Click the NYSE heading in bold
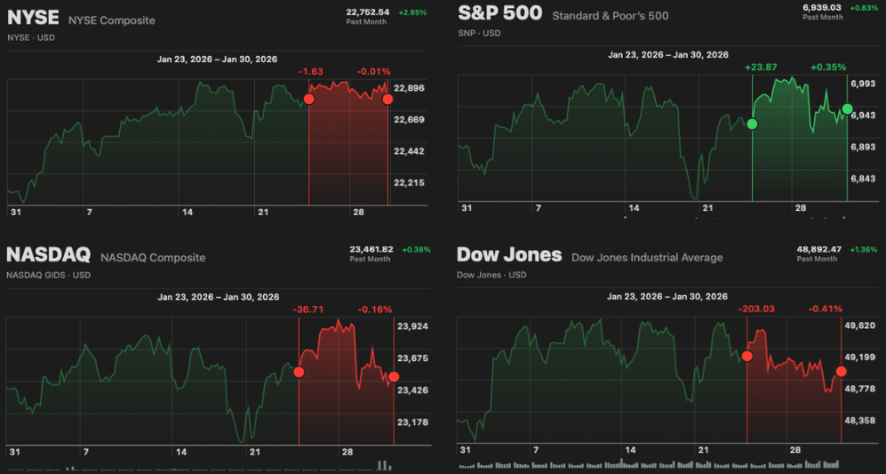pyautogui.click(x=33, y=19)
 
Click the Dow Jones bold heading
pyautogui.click(x=509, y=255)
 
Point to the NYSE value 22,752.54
pyautogui.click(x=368, y=12)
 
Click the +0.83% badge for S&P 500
pyautogui.click(x=865, y=8)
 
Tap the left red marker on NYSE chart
pyautogui.click(x=309, y=99)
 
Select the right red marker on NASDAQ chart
pyautogui.click(x=394, y=377)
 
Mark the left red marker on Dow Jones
pyautogui.click(x=746, y=356)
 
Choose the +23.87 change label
pyautogui.click(x=761, y=67)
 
